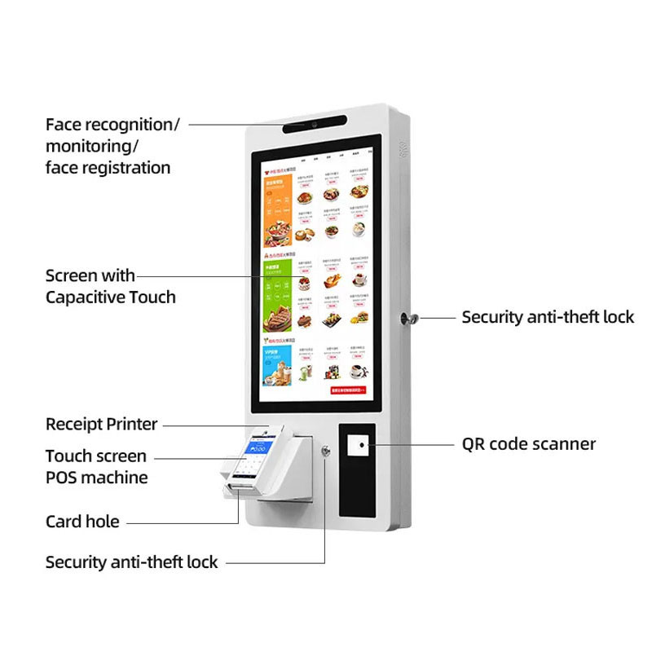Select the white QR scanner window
(356, 445)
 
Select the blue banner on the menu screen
(277, 363)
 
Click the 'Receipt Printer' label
(101, 424)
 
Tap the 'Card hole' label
(82, 522)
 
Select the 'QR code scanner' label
(529, 444)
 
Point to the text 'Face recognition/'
(112, 125)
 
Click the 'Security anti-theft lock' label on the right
(548, 317)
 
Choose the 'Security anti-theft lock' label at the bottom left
(131, 562)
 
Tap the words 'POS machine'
(96, 478)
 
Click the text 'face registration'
(108, 168)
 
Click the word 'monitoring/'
(92, 147)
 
